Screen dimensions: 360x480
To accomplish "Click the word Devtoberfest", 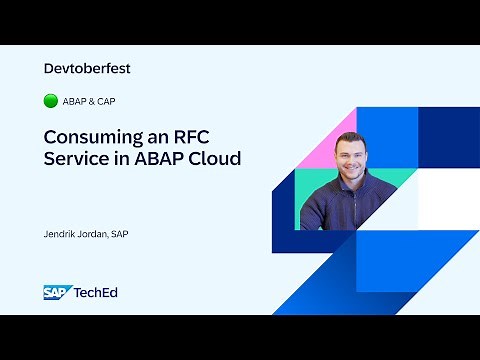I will pos(88,69).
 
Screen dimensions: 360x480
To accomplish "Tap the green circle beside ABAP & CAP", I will pos(51,101).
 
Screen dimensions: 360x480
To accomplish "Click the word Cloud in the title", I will pos(215,160).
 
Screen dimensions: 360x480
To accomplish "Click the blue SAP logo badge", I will pos(56,292).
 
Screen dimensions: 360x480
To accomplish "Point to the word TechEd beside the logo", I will pos(96,292).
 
